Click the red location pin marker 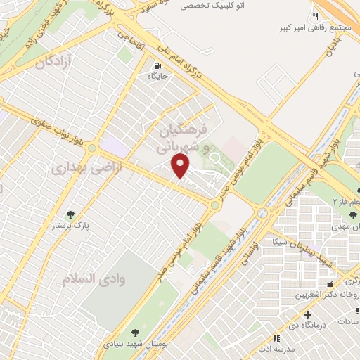181,166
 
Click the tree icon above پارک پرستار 70,214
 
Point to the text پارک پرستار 70,227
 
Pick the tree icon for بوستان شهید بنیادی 134,333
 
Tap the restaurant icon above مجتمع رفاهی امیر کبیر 315,16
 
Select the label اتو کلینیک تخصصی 210,5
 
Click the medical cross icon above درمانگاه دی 307,314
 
